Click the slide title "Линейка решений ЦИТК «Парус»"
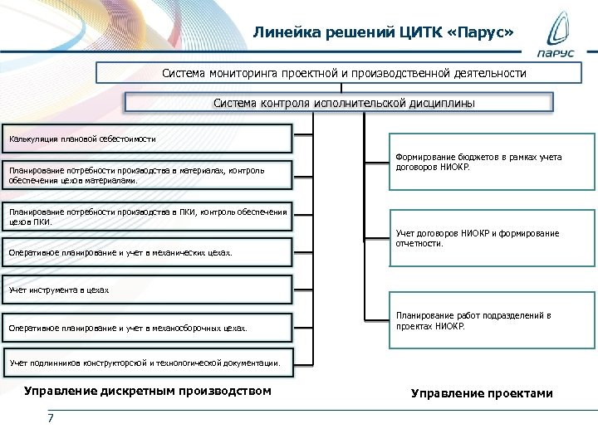coord(384,32)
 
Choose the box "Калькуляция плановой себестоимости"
coord(148,138)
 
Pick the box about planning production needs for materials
coord(148,174)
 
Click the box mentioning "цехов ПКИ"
coord(148,217)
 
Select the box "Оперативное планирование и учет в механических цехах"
coord(148,252)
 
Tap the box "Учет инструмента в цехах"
coord(148,290)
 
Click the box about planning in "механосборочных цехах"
coord(148,328)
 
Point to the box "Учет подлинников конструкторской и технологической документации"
coord(148,363)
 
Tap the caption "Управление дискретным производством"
coord(148,391)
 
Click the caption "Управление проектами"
coord(482,393)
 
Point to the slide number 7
coord(51,417)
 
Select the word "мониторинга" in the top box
coord(240,73)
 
